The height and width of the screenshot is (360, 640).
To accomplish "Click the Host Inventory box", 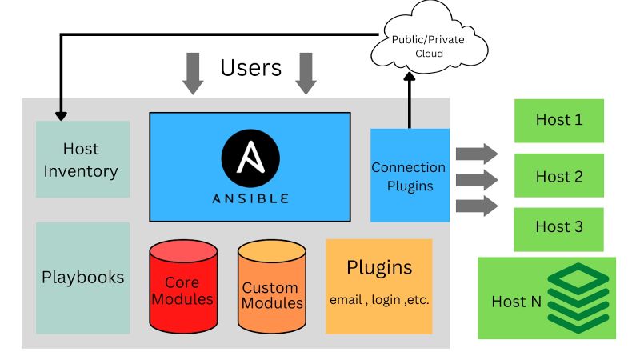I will point(82,159).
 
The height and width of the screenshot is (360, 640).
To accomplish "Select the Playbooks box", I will point(82,278).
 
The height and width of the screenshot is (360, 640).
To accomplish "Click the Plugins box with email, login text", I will point(378,286).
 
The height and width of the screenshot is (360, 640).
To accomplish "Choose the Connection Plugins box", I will point(409,175).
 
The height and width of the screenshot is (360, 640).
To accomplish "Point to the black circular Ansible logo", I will point(250,155).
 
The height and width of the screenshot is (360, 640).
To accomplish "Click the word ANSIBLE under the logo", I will point(250,198).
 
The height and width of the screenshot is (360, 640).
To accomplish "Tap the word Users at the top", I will point(250,68).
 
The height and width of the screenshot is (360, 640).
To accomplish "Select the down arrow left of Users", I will point(192,74).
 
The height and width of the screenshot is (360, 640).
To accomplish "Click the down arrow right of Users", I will point(306,74).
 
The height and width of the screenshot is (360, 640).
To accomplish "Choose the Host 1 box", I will point(558,121).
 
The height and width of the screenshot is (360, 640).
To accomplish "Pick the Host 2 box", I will point(558,176).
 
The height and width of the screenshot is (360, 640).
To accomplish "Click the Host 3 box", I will point(558,227).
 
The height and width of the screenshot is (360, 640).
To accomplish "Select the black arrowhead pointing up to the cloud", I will point(410,77).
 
